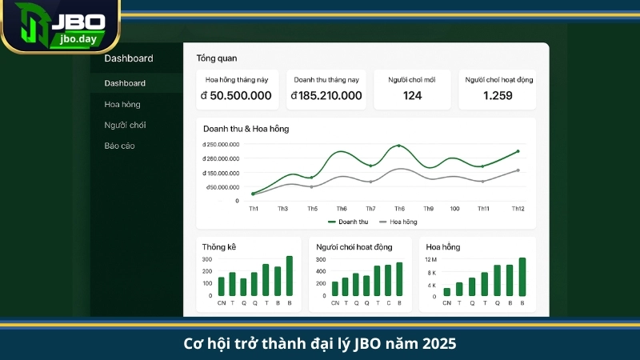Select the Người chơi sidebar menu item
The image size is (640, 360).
(x=125, y=125)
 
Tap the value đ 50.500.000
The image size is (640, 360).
(x=236, y=96)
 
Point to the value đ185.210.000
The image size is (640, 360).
(x=326, y=96)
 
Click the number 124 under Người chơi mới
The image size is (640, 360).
(x=412, y=96)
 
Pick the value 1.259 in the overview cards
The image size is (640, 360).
(x=498, y=96)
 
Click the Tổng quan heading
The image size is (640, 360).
(x=217, y=58)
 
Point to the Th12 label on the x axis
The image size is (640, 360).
(x=518, y=208)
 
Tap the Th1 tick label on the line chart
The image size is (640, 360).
(x=254, y=208)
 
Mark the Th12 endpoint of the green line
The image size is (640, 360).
(x=518, y=151)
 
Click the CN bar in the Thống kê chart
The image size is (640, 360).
(x=222, y=287)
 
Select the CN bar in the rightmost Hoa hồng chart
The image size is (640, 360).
(x=447, y=292)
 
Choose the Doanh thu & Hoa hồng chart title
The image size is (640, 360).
(x=246, y=129)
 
